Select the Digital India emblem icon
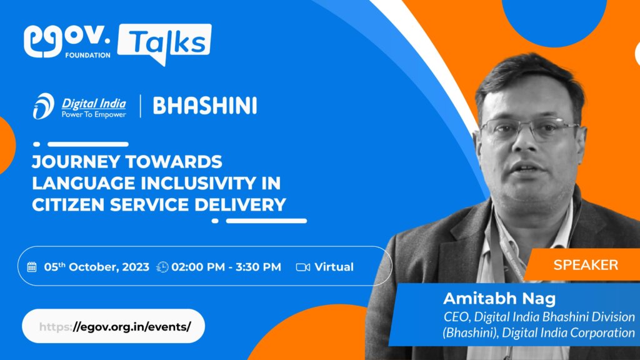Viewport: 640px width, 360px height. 44,106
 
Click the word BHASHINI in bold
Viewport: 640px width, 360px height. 205,106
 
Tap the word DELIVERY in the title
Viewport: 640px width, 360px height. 241,204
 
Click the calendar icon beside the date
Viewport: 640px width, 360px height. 32,267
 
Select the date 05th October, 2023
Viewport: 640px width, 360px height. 97,267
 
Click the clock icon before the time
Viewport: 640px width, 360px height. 162,267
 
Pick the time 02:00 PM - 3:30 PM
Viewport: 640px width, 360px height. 226,267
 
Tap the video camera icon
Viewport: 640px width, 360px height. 303,267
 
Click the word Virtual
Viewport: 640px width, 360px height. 334,267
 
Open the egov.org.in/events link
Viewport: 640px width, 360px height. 114,326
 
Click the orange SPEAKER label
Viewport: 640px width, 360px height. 586,265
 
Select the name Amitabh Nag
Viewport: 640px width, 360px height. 499,298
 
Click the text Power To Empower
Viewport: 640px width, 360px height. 94,115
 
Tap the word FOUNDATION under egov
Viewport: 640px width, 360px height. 87,55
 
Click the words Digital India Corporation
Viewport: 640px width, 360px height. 569,332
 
